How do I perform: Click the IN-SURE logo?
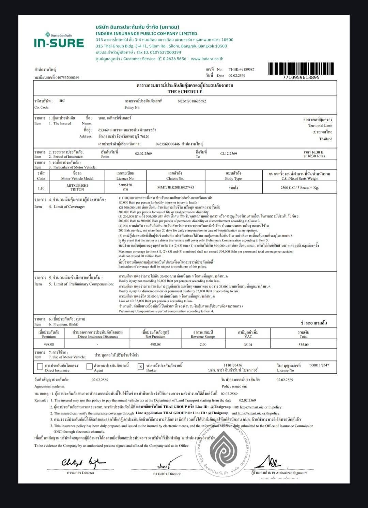59,41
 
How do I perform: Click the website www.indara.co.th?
207,59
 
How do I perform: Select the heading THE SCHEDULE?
185,92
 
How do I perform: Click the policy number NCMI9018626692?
192,101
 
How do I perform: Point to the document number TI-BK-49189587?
241,70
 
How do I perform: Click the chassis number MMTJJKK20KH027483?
176,187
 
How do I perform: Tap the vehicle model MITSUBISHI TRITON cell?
77,187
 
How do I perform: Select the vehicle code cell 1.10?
41,188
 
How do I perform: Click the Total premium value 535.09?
303,344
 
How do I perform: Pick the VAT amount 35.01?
248,344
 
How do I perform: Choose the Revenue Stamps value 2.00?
203,344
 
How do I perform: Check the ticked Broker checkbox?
140,367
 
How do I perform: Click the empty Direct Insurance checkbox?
40,367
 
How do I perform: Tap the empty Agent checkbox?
89,367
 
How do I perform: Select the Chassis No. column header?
176,176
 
